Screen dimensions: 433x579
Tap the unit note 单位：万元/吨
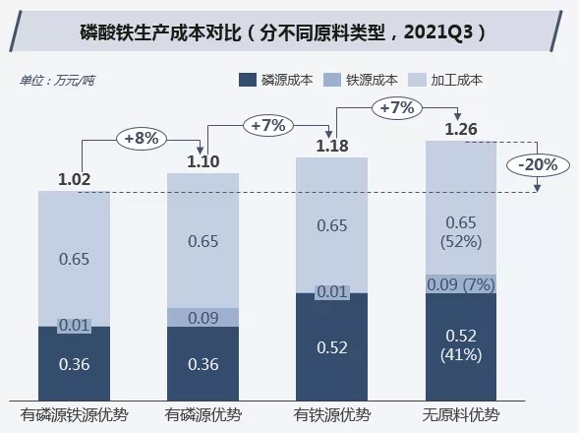[x=58, y=80]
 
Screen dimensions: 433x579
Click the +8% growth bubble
[x=139, y=138]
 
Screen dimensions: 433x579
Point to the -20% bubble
[x=535, y=164]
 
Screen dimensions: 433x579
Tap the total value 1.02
[x=74, y=179]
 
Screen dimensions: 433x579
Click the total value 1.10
[x=203, y=160]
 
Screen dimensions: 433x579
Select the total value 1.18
[x=332, y=147]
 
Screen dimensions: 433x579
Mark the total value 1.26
[x=461, y=129]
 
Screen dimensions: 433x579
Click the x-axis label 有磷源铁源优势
[x=75, y=413]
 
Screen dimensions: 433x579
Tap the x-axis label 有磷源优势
[x=203, y=413]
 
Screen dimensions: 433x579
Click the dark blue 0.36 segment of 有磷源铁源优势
[x=74, y=363]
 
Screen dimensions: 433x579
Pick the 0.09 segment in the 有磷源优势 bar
[x=203, y=317]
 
